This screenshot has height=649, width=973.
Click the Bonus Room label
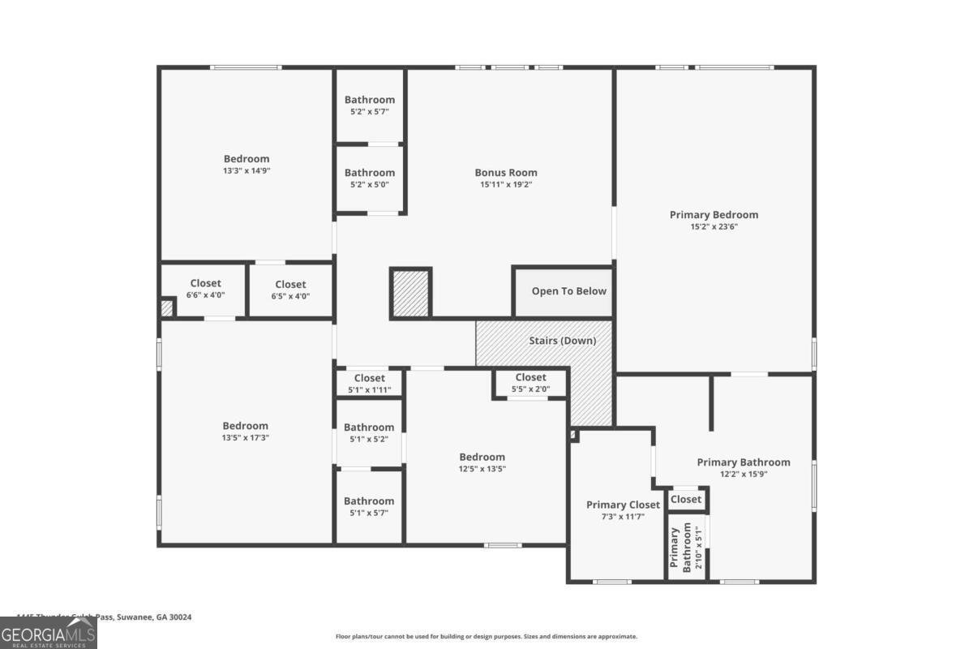[x=505, y=172]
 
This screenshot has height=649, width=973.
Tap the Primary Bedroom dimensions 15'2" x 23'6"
[x=714, y=227]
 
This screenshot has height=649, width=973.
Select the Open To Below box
[x=568, y=291]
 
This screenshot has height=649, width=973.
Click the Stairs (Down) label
[x=562, y=341]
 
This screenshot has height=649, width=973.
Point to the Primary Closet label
[x=623, y=505]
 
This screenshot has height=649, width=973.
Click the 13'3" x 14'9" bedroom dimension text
[x=246, y=171]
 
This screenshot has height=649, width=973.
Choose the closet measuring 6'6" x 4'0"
[x=205, y=289]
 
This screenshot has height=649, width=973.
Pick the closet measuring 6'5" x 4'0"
[x=290, y=290]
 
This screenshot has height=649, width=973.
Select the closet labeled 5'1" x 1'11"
[x=369, y=383]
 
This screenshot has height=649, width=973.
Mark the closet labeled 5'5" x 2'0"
[x=530, y=383]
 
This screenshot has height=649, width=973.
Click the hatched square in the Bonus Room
[x=411, y=294]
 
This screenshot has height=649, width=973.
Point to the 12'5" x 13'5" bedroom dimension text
[x=482, y=469]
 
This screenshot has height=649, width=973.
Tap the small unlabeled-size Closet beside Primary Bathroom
[x=686, y=499]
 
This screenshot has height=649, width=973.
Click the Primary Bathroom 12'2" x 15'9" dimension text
[x=743, y=475]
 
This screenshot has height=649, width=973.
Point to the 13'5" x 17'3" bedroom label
[x=246, y=432]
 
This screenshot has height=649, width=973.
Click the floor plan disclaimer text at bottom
[x=486, y=637]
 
